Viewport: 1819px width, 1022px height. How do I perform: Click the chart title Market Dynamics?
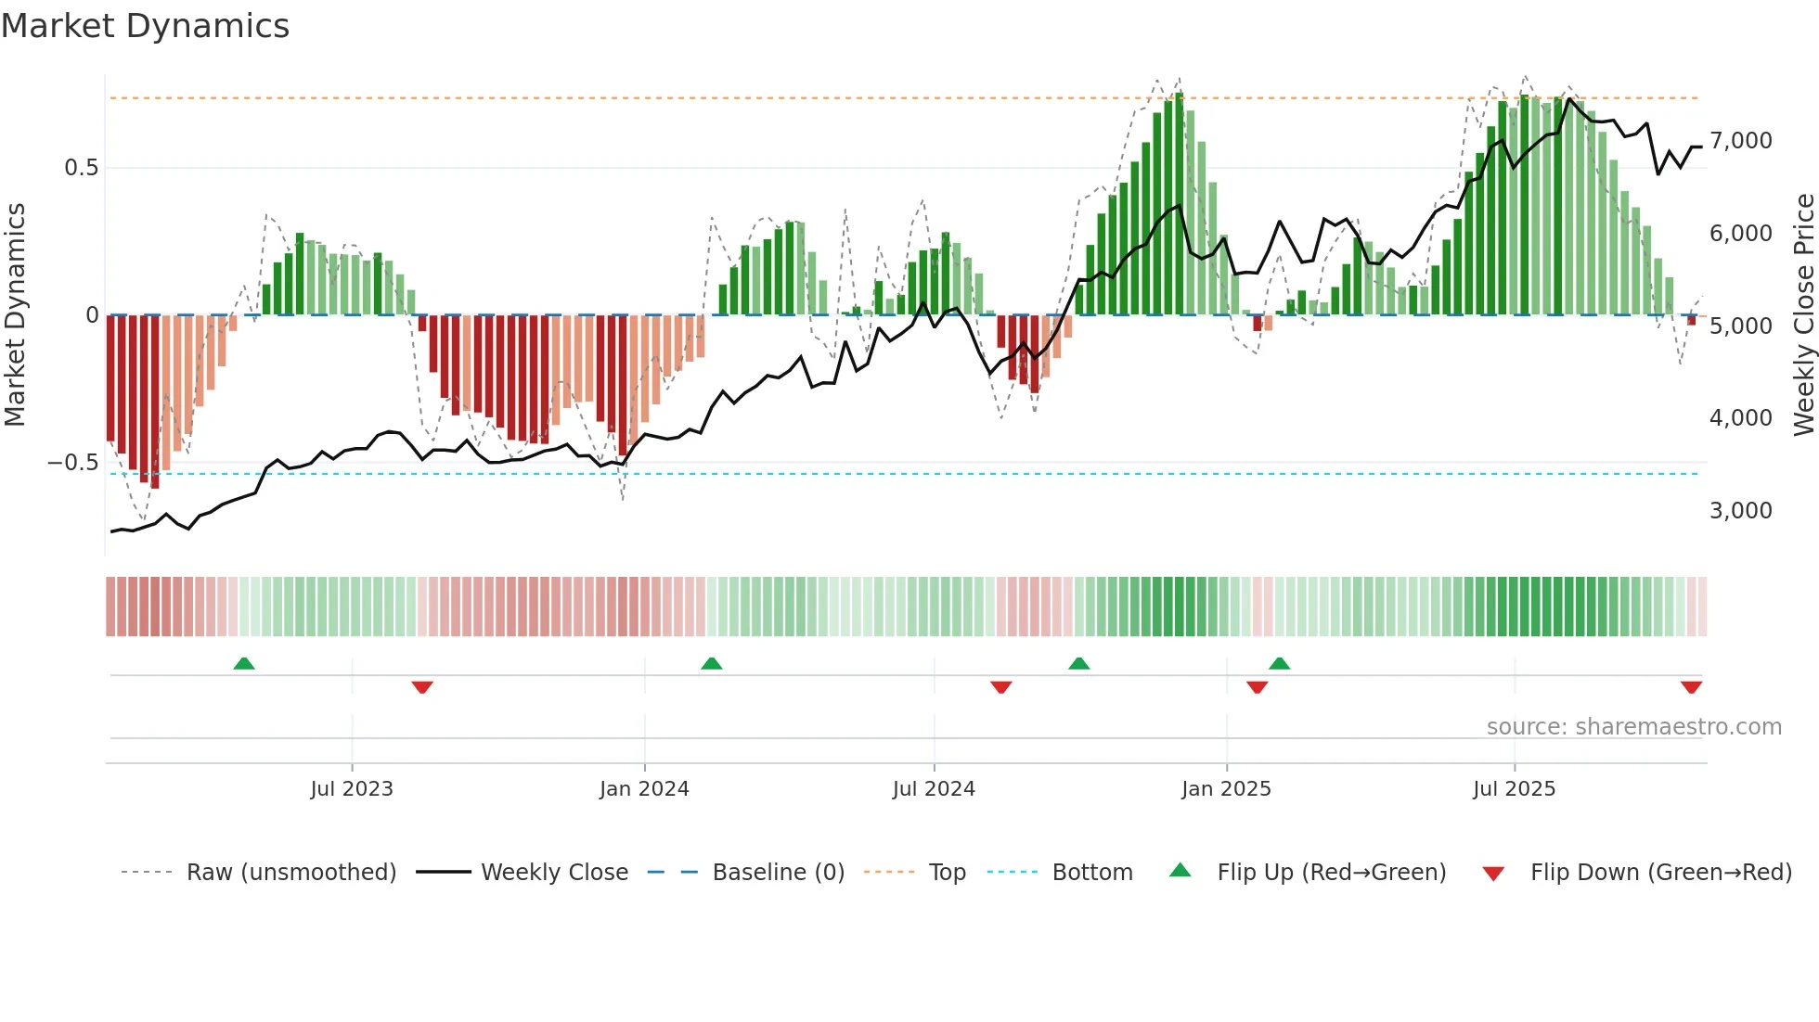coord(145,26)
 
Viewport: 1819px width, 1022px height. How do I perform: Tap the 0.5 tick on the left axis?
coord(81,168)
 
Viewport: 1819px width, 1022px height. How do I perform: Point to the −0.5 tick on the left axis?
coord(73,463)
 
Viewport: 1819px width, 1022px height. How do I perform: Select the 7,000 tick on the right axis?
coord(1740,141)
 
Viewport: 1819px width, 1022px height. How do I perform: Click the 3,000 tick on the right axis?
coord(1740,511)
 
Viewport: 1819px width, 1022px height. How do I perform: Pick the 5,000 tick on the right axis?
coord(1740,326)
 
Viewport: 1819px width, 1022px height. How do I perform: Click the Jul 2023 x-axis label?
coord(352,789)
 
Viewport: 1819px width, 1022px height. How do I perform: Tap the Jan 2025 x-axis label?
coord(1226,789)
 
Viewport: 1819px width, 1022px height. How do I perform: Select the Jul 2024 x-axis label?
coord(934,789)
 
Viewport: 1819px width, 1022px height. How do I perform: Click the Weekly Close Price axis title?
coord(1803,315)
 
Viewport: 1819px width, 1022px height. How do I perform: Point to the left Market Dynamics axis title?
coord(15,315)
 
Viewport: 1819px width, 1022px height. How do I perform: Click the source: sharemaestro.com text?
coord(1633,727)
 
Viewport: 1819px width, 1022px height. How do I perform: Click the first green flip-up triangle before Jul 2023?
coord(244,664)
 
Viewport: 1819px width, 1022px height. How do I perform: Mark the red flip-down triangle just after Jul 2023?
coord(422,687)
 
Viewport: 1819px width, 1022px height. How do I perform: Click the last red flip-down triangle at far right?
coord(1691,687)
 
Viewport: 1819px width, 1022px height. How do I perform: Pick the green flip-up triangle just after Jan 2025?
coord(1279,664)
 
